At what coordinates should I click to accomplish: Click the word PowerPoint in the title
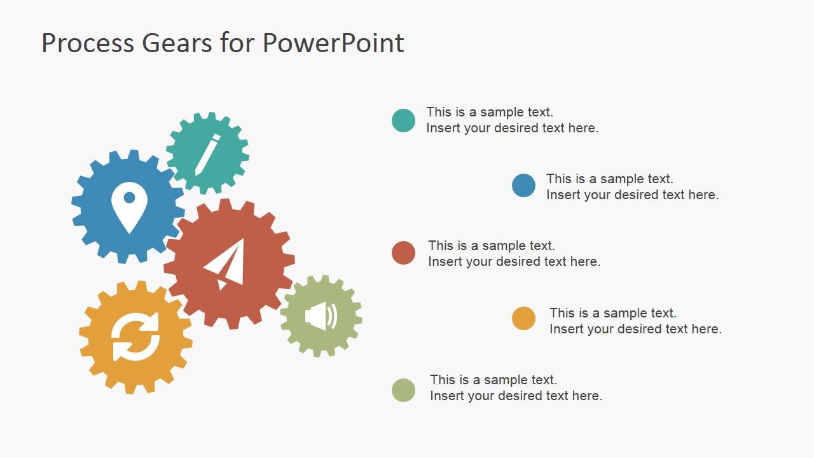click(x=333, y=43)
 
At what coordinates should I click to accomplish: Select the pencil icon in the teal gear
click(x=207, y=154)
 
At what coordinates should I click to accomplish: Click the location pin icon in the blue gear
click(x=129, y=207)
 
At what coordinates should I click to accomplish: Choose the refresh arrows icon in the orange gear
click(x=135, y=337)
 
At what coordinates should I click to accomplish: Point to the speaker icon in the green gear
click(x=321, y=316)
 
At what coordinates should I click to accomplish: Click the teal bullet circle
click(x=403, y=120)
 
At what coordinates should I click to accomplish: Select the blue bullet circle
click(x=523, y=185)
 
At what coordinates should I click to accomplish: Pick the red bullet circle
click(x=403, y=253)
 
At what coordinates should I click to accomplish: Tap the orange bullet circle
click(x=523, y=318)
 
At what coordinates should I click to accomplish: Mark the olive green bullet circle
click(x=403, y=390)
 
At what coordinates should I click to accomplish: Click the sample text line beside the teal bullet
click(x=489, y=112)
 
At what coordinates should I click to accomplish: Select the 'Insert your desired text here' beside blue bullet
click(x=632, y=195)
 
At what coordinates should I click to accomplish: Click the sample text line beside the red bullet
click(x=491, y=246)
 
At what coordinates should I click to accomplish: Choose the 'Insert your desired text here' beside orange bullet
click(x=635, y=329)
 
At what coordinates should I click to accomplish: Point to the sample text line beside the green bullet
click(x=493, y=380)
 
